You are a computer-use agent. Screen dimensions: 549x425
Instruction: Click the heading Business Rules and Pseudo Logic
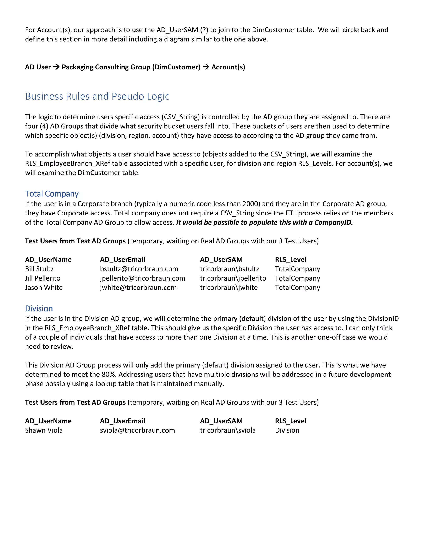coord(97,96)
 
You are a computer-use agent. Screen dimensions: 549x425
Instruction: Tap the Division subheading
coord(39,308)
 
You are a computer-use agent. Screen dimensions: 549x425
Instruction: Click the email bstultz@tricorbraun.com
coord(139,269)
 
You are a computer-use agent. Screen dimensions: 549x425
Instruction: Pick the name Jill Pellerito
coord(43,278)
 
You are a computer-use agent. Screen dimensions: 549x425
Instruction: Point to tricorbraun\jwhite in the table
coord(229,288)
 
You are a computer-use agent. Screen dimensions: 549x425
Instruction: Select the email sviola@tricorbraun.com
coord(137,430)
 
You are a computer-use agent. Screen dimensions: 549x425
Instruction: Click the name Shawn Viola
coord(44,430)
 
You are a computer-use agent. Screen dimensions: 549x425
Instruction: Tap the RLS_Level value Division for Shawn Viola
coord(287,430)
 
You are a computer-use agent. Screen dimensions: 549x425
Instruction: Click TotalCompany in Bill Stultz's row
coord(297,269)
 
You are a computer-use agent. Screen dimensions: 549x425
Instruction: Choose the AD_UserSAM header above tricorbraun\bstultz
coord(221,260)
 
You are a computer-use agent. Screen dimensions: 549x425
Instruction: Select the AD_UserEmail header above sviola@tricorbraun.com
coord(122,421)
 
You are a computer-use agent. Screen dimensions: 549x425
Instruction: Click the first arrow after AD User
coord(56,67)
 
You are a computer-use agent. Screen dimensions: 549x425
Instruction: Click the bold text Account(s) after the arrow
coord(228,67)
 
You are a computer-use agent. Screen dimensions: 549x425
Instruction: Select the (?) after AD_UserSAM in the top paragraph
coord(204,30)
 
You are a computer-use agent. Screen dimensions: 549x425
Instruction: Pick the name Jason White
coord(44,288)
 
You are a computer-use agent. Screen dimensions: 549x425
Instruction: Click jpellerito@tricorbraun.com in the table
coord(143,278)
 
